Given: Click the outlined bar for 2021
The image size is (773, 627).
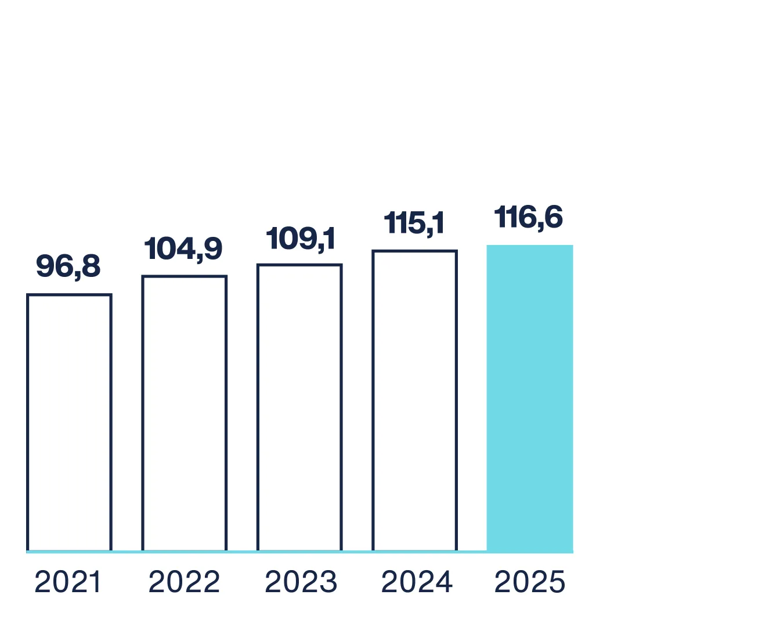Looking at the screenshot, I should click(x=69, y=423).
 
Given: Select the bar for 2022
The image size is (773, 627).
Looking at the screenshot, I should click(x=185, y=413).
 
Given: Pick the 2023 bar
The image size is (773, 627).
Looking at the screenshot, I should click(x=299, y=408).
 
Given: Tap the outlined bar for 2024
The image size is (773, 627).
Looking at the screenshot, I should click(x=415, y=401).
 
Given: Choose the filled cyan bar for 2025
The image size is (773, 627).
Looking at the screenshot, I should click(x=530, y=398).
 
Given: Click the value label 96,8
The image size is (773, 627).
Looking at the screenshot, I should click(x=68, y=266).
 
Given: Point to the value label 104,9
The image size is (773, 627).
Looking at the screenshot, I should click(x=183, y=248).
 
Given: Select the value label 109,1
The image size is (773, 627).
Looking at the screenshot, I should click(x=301, y=238).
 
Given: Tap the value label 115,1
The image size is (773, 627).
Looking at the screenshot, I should click(x=414, y=223).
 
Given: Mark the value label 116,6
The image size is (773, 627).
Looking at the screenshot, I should click(x=529, y=218).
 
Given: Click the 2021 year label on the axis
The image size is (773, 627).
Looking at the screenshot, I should click(x=68, y=582).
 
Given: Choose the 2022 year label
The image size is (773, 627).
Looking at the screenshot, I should click(x=184, y=582).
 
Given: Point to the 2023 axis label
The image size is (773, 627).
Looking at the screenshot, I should click(x=301, y=582).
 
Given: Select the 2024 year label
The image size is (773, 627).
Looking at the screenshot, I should click(x=417, y=582).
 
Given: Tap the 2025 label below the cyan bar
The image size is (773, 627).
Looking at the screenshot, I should click(x=530, y=582).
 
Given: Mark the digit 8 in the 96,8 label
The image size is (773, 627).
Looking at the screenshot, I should click(x=91, y=266).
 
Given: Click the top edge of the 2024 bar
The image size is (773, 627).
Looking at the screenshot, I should click(x=415, y=251).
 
